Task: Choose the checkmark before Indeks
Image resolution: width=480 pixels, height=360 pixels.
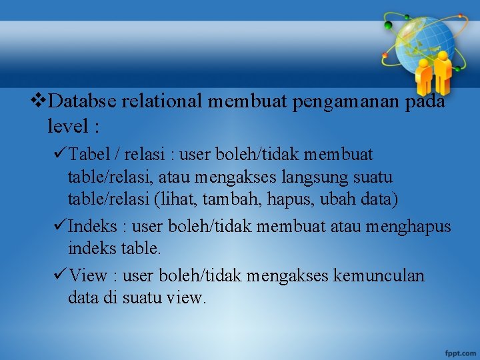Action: [x=58, y=227]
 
